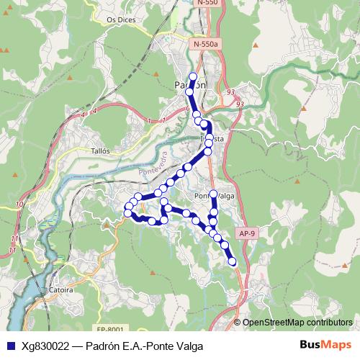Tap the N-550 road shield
click(x=207, y=4)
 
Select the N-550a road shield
click(x=206, y=45)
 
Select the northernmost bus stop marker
click(x=192, y=76)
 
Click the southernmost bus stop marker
click(x=233, y=263)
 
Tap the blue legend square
click(x=10, y=346)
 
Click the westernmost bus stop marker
click(x=127, y=213)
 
